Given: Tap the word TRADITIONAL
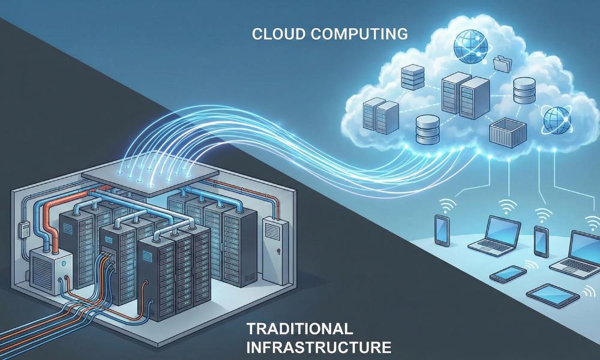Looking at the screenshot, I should click(298, 328).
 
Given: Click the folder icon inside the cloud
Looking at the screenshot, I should click(500, 62).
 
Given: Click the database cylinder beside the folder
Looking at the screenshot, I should click(523, 90).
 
